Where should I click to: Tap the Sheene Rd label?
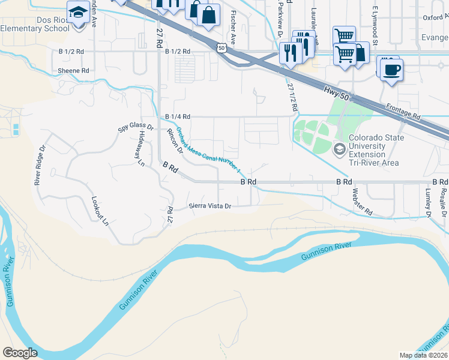[73, 70]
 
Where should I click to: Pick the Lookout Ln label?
[100, 211]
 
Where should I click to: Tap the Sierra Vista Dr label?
[210, 206]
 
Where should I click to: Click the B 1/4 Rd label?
[177, 116]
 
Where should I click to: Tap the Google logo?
[20, 353]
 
